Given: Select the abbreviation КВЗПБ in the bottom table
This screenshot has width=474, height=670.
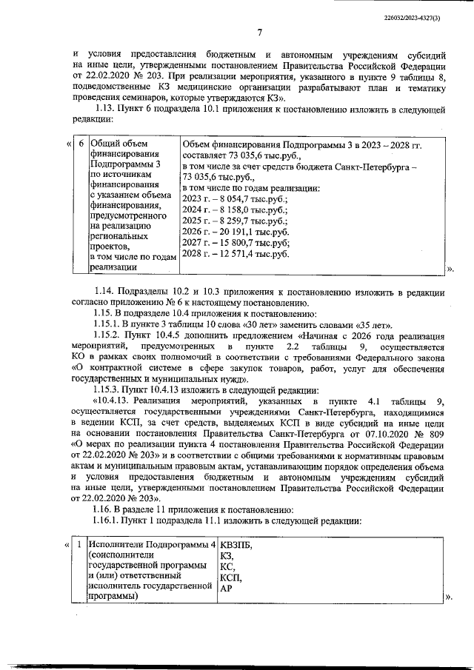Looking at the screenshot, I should pyautogui.click(x=236, y=546).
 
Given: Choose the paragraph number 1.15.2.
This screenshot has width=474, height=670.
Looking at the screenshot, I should pyautogui.click(x=113, y=335).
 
